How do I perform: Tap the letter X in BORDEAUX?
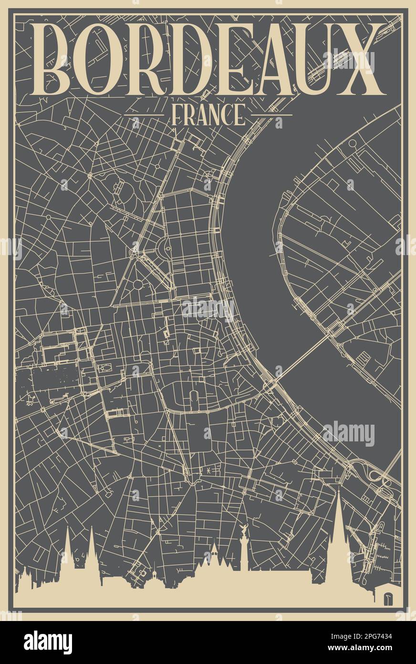362,59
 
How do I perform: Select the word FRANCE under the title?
208,115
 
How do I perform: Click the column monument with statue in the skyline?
245,549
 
